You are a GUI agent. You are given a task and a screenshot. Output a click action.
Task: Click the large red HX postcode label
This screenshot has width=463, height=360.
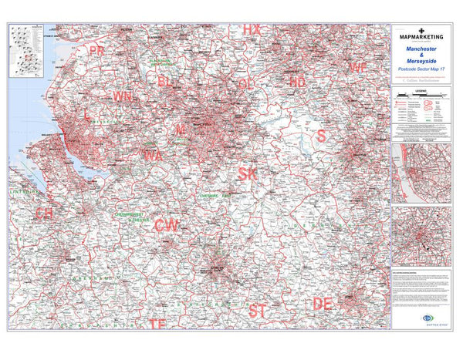click(252, 29)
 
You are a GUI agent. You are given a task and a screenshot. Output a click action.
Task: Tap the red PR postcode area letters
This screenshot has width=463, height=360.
click(96, 51)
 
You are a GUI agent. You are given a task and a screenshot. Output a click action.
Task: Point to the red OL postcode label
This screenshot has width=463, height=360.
click(246, 82)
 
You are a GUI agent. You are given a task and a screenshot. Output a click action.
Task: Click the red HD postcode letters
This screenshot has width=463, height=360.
click(297, 80)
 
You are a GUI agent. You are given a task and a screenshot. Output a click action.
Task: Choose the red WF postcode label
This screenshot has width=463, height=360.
click(357, 68)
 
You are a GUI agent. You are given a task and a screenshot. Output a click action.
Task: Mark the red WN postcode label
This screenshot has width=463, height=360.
click(122, 96)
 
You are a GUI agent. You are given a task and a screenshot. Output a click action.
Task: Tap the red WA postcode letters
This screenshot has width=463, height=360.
click(152, 156)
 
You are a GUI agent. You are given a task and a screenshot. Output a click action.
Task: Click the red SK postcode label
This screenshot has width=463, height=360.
click(248, 173)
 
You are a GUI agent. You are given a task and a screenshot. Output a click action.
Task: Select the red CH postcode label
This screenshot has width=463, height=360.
click(45, 212)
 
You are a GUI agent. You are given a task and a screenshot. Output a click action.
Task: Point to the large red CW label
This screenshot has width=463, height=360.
click(167, 225)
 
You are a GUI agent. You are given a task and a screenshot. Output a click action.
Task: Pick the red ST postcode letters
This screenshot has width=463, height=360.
click(258, 311)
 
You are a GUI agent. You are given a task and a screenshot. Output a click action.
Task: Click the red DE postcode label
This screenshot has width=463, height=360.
click(323, 304)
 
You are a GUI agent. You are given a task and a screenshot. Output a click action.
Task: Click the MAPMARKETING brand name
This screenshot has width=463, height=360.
click(421, 35)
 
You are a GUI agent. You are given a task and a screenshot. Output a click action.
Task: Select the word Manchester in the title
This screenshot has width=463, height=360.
click(421, 48)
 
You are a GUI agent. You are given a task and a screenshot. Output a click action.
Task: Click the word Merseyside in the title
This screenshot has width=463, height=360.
click(421, 62)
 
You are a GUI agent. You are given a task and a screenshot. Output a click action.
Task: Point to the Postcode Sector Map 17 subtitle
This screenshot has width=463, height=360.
click(421, 70)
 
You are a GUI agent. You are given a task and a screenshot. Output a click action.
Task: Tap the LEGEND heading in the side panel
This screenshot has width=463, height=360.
click(421, 91)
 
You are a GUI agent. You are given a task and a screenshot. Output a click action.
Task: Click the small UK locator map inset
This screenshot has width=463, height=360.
click(26, 51)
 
